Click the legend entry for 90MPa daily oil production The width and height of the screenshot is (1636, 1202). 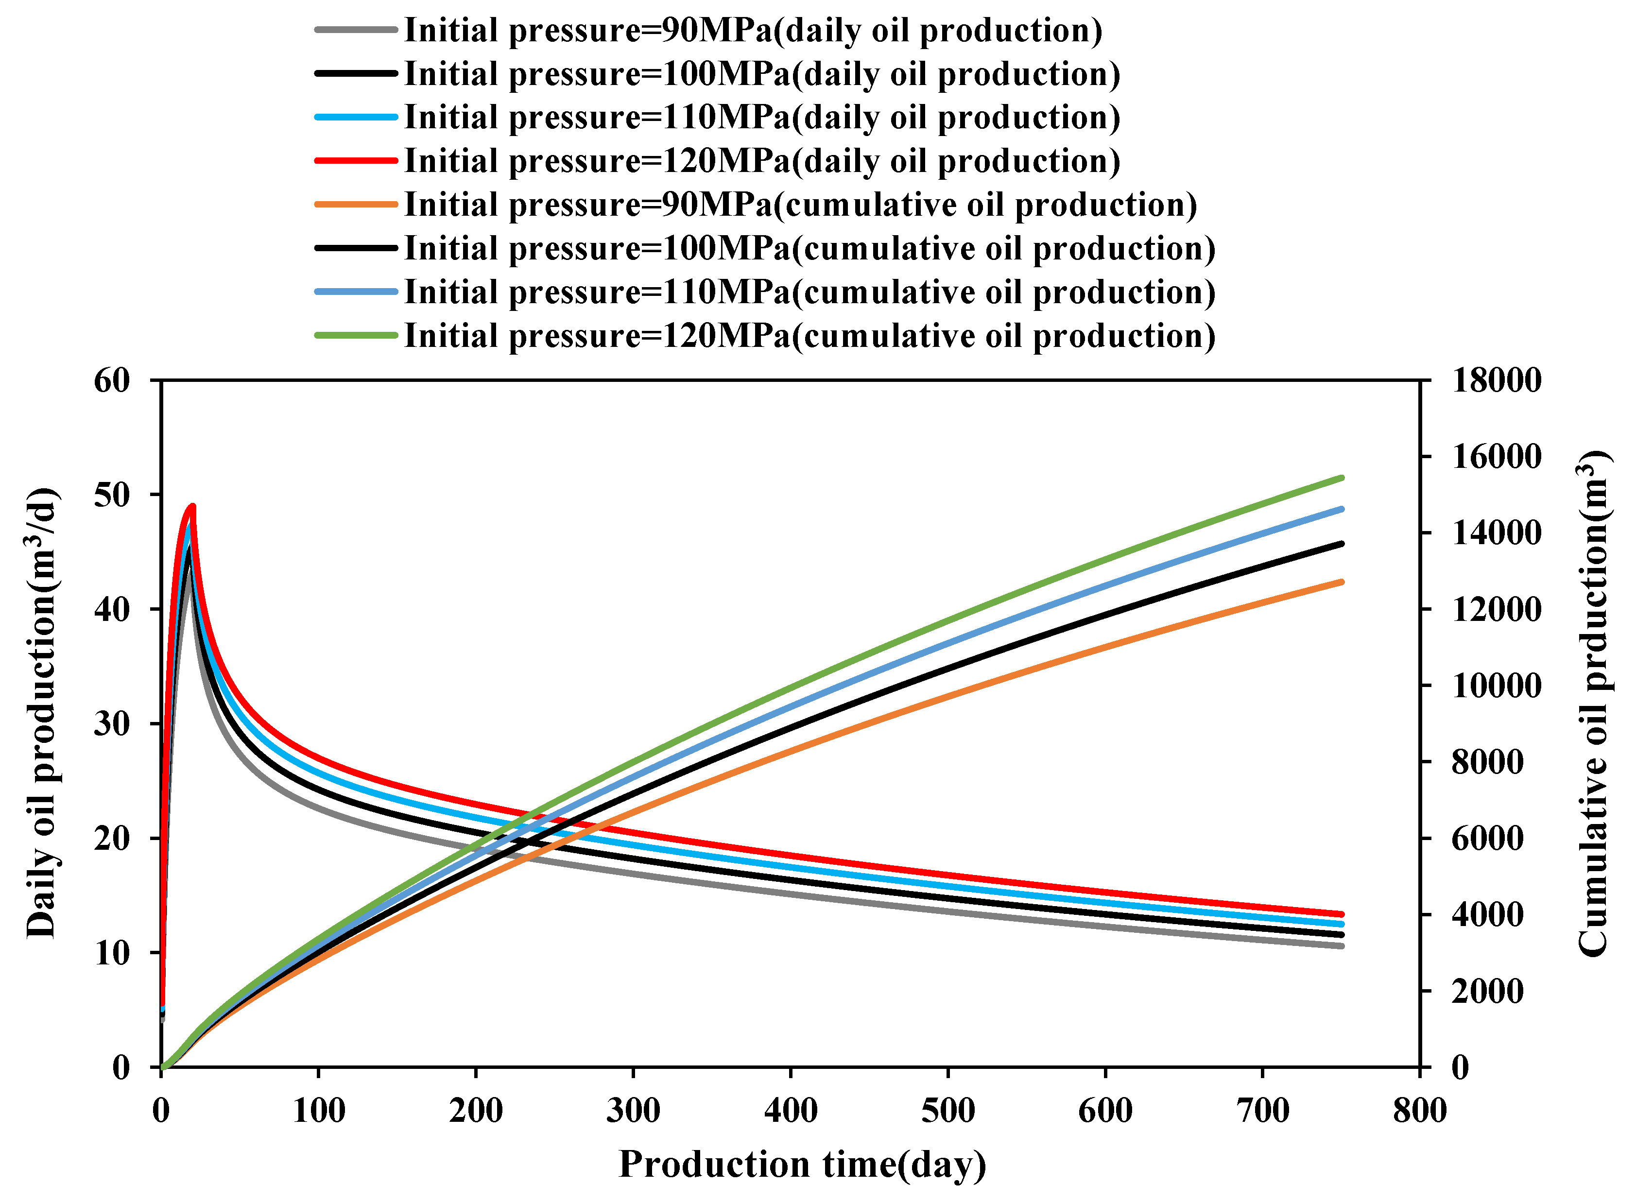click(753, 31)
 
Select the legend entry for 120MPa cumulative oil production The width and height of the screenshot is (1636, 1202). click(809, 336)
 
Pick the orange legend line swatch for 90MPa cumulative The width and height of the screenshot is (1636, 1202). click(356, 205)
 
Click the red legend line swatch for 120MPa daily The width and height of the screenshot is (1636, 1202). click(356, 161)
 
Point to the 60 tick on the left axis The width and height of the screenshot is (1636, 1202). click(112, 380)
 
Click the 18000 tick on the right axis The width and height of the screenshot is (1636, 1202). click(1496, 380)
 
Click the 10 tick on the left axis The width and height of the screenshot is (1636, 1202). click(112, 953)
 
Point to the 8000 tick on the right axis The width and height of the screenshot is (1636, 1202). click(1487, 762)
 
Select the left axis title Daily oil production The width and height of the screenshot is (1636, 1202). click(42, 713)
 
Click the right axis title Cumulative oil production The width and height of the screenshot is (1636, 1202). click(1594, 702)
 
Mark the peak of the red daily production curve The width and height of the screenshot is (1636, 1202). click(192, 506)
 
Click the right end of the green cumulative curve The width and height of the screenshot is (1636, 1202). click(1341, 478)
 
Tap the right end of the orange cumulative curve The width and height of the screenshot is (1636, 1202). click(1341, 582)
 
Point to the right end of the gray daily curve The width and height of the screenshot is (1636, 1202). click(1341, 946)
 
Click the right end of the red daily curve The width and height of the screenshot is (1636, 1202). click(1341, 914)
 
